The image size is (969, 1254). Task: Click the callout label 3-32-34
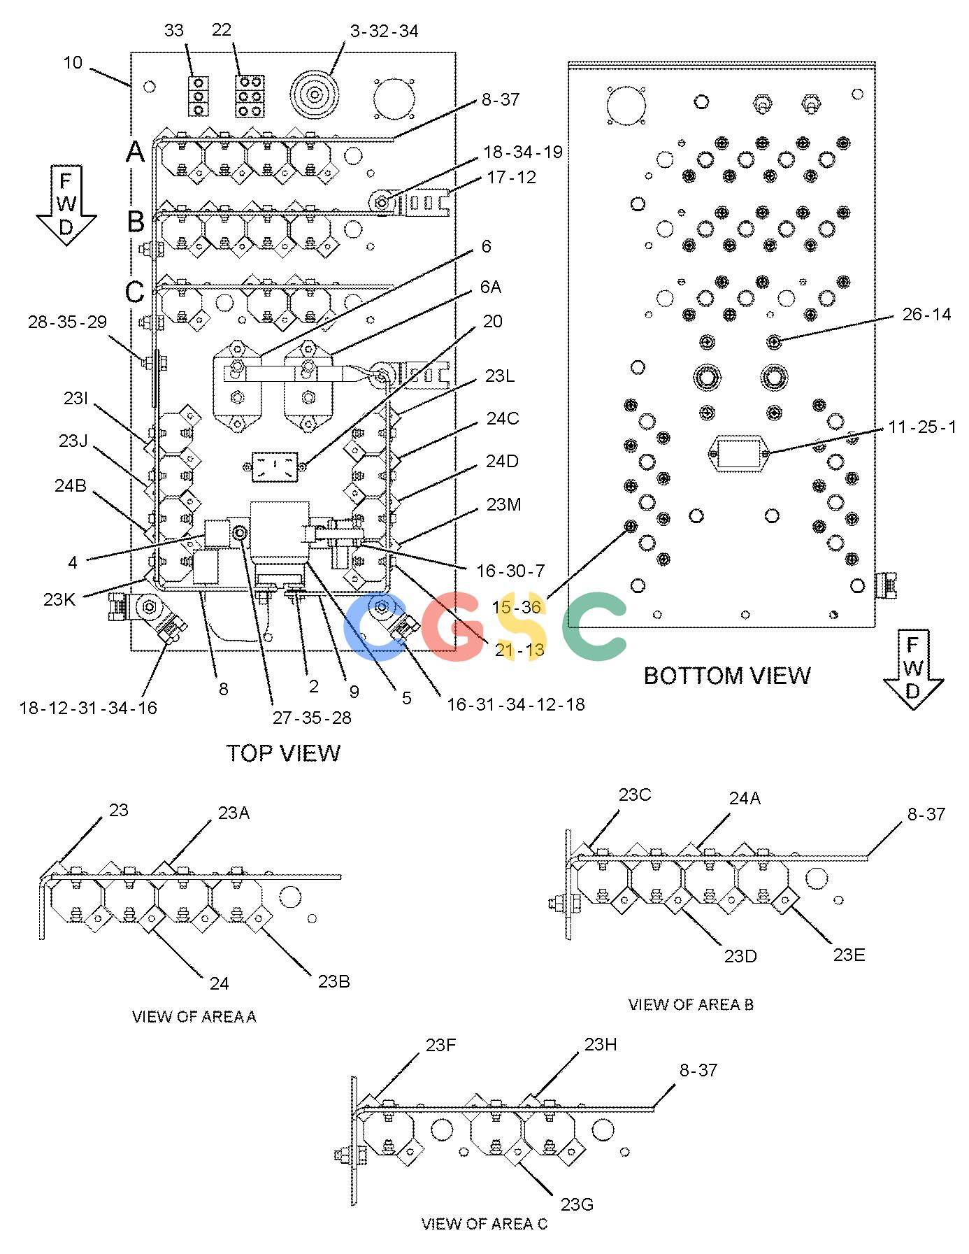pyautogui.click(x=384, y=31)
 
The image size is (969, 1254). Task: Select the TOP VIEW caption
pyautogui.click(x=283, y=753)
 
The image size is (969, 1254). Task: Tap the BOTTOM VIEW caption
pyautogui.click(x=727, y=676)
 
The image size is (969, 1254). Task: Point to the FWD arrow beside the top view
pyautogui.click(x=66, y=206)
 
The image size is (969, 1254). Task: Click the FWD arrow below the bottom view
pyautogui.click(x=913, y=669)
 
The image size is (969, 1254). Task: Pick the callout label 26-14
pyautogui.click(x=926, y=315)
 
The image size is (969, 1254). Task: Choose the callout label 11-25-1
pyautogui.click(x=922, y=427)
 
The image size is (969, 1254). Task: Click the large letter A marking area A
pyautogui.click(x=135, y=151)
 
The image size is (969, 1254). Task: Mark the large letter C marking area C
pyautogui.click(x=135, y=292)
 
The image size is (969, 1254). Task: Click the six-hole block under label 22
pyautogui.click(x=250, y=96)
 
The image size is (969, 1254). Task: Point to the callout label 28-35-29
pyautogui.click(x=67, y=322)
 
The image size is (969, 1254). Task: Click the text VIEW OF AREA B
pyautogui.click(x=691, y=1004)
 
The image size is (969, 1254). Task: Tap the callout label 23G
pyautogui.click(x=577, y=1204)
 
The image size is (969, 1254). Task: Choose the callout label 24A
pyautogui.click(x=745, y=798)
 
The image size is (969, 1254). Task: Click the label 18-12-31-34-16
pyautogui.click(x=88, y=708)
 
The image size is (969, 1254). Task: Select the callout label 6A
pyautogui.click(x=490, y=287)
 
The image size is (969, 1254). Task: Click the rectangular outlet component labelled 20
pyautogui.click(x=275, y=466)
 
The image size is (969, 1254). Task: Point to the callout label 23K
pyautogui.click(x=59, y=599)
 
